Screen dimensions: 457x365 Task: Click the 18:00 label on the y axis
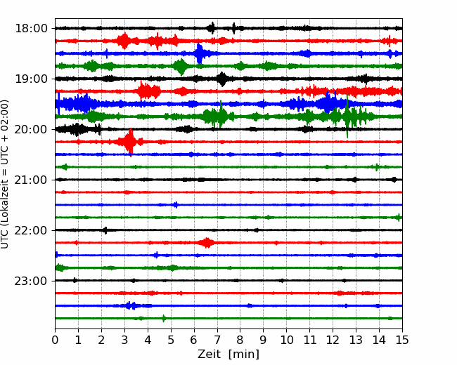coord(31,29)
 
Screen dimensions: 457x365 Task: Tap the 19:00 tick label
coord(31,79)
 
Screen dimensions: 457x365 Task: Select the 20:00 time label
coord(31,129)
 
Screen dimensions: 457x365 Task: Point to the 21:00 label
coord(31,180)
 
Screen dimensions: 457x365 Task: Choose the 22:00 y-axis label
coord(31,230)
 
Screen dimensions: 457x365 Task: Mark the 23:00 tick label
coord(31,281)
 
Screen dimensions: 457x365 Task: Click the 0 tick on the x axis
coord(55,340)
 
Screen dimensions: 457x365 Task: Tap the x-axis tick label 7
coord(217,340)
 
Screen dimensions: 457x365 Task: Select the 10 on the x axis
coord(286,340)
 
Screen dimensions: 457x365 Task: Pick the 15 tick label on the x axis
coord(402,340)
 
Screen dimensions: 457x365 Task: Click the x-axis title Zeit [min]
coord(228,354)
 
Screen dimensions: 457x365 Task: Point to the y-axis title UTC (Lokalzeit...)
coord(4,174)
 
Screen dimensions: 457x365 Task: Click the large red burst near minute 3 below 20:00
coord(129,142)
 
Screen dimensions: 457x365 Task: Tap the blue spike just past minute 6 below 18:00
coord(200,53)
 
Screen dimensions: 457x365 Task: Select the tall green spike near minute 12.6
coord(347,116)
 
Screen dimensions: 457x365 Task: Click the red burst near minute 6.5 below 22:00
coord(207,243)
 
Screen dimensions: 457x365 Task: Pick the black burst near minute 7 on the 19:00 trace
coord(222,79)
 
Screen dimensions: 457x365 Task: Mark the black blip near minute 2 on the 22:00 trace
coord(105,230)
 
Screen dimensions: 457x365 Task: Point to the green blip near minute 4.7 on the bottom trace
coord(164,318)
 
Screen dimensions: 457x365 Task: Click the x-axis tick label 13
coord(356,340)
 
